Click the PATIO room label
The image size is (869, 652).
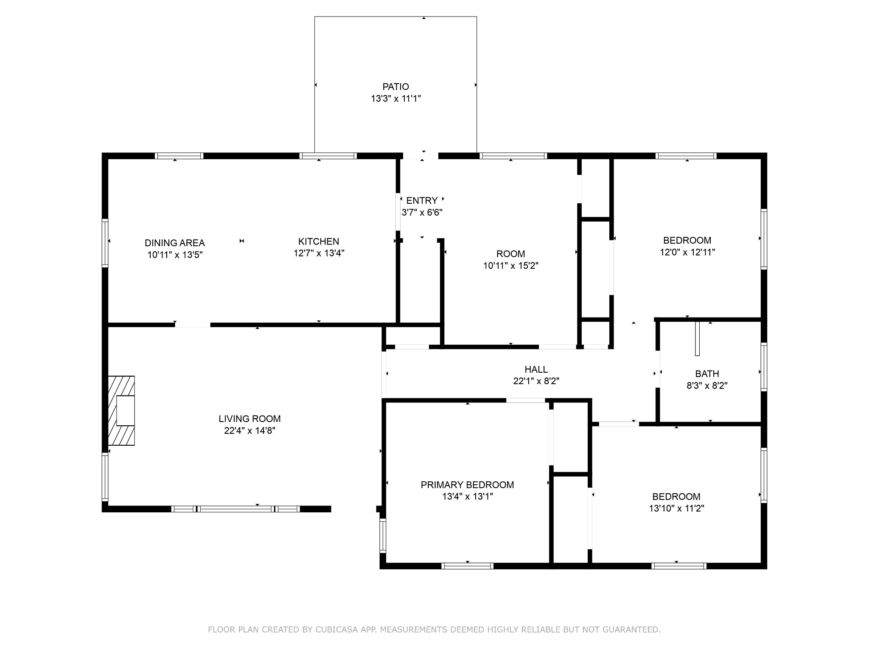pos(395,87)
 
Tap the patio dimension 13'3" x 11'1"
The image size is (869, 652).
pos(395,98)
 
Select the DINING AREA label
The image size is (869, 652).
pos(175,243)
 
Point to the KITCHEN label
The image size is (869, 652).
pos(319,242)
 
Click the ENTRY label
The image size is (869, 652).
pos(422,200)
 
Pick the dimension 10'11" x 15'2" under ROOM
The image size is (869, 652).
pos(511,266)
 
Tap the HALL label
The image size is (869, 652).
pos(536,369)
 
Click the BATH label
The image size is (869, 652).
pos(707,374)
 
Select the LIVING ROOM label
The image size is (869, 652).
pos(249,419)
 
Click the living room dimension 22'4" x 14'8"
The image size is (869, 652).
pos(249,430)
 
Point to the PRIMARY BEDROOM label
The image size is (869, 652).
pos(467,485)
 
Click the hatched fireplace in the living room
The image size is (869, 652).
pos(121,410)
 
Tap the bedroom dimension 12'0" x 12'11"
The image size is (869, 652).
pos(687,252)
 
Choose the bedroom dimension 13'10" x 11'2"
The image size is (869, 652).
pos(676,509)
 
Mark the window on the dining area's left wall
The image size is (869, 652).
pos(105,243)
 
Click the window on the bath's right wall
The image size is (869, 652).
pos(764,367)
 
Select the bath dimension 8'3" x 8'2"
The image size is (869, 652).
pos(707,385)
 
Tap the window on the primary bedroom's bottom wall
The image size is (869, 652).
pos(467,566)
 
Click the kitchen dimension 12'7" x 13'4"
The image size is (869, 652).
pos(319,253)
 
